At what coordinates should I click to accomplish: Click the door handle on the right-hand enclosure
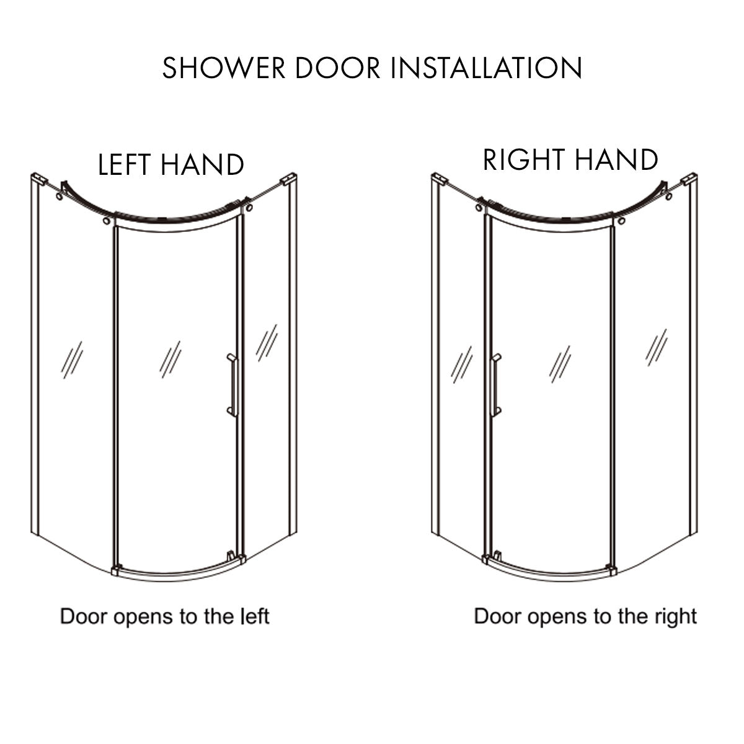495,386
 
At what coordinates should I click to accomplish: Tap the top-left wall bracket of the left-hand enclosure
38,179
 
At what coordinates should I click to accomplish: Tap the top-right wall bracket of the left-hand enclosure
288,181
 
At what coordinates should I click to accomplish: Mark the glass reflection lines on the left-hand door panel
170,359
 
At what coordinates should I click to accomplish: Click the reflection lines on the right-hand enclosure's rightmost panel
656,347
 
